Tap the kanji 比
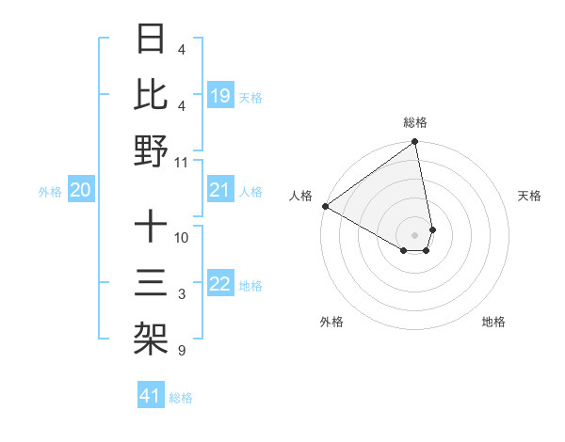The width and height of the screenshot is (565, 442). pyautogui.click(x=151, y=96)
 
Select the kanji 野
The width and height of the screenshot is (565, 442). pyautogui.click(x=151, y=150)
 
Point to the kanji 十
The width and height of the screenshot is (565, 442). pyautogui.click(x=151, y=228)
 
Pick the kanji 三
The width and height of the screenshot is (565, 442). pyautogui.click(x=151, y=282)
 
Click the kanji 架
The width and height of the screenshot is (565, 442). pyautogui.click(x=151, y=337)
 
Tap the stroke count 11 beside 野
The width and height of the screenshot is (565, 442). pyautogui.click(x=182, y=162)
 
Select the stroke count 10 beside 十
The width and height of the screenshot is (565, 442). pyautogui.click(x=182, y=237)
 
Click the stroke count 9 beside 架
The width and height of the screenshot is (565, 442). pyautogui.click(x=181, y=352)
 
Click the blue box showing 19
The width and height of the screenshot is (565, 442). pyautogui.click(x=220, y=96)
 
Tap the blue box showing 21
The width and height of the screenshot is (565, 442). pyautogui.click(x=220, y=191)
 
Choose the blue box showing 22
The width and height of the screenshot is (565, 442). pyautogui.click(x=220, y=285)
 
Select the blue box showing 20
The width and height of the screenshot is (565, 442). pyautogui.click(x=81, y=191)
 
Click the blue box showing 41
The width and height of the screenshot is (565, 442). pyautogui.click(x=151, y=396)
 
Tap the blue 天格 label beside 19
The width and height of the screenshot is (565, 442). pyautogui.click(x=250, y=97)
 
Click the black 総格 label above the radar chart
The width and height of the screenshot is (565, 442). pyautogui.click(x=415, y=122)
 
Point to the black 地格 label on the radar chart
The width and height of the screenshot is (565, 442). pyautogui.click(x=493, y=322)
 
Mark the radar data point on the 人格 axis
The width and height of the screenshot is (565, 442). pyautogui.click(x=325, y=206)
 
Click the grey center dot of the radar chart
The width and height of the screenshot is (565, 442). pyautogui.click(x=415, y=234)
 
